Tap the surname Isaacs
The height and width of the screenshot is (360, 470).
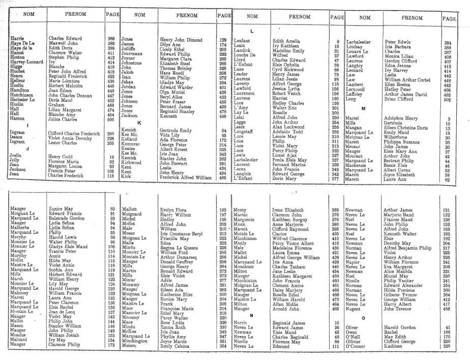click(x=18, y=138)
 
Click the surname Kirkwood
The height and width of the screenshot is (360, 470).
click(x=134, y=164)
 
